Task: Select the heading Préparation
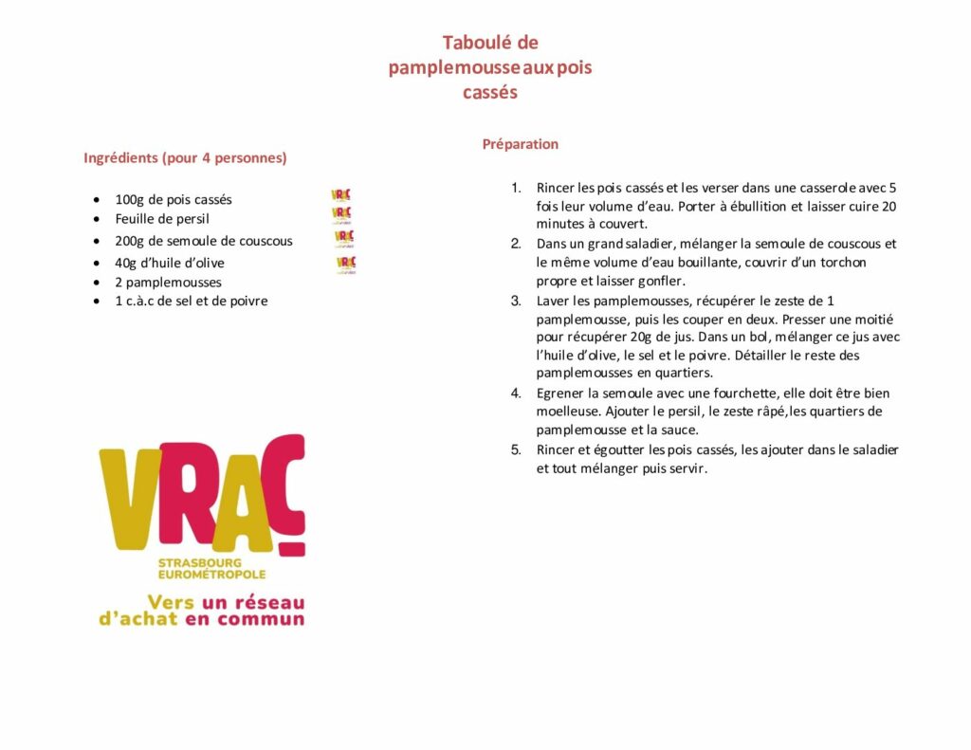(520, 144)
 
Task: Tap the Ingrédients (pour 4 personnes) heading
(185, 157)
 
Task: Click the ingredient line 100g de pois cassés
(174, 199)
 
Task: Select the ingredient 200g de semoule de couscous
(204, 241)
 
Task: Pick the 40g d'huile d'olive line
(170, 263)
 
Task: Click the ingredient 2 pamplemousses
(169, 282)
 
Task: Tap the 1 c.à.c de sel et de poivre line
(192, 301)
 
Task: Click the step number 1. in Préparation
(517, 188)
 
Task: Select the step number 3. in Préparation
(517, 301)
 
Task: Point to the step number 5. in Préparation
(517, 449)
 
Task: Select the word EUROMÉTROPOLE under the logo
(211, 575)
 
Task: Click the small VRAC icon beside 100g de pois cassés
(340, 195)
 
